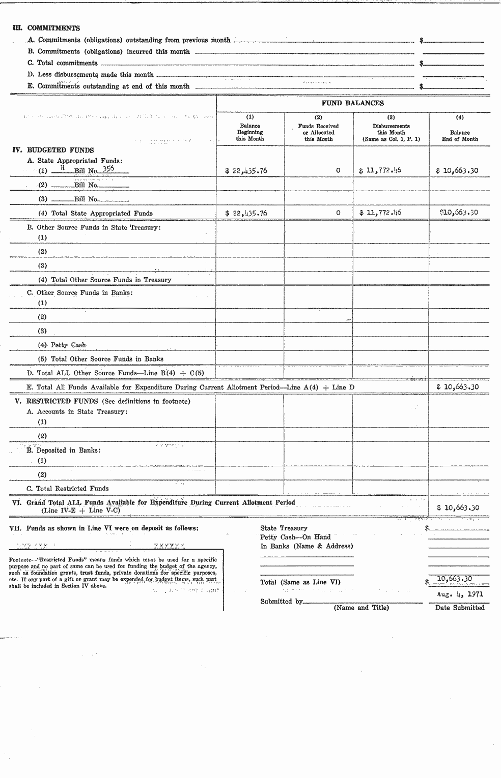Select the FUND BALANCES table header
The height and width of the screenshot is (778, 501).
point(352,103)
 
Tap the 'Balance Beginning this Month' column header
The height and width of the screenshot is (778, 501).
point(249,132)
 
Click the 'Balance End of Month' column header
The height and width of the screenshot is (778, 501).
point(460,135)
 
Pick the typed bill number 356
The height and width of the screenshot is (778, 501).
point(108,169)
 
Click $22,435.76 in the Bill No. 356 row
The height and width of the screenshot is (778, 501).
point(246,171)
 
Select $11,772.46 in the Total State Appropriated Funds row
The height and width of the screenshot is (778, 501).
point(380,213)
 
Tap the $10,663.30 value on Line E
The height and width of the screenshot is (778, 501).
point(457,387)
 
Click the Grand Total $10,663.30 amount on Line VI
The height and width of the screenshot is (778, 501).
point(458,507)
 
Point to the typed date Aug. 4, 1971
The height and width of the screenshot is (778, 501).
point(460,594)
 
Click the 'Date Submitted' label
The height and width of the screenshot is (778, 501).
point(460,608)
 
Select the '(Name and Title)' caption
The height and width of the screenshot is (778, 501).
point(361,608)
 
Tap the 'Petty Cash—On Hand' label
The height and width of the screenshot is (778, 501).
point(295,537)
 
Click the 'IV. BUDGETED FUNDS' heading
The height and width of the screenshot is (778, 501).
point(53,150)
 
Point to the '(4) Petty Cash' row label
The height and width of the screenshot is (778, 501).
point(62,345)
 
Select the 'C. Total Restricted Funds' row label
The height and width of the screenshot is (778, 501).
point(68,488)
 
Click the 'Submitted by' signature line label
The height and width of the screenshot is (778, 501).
point(281,602)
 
